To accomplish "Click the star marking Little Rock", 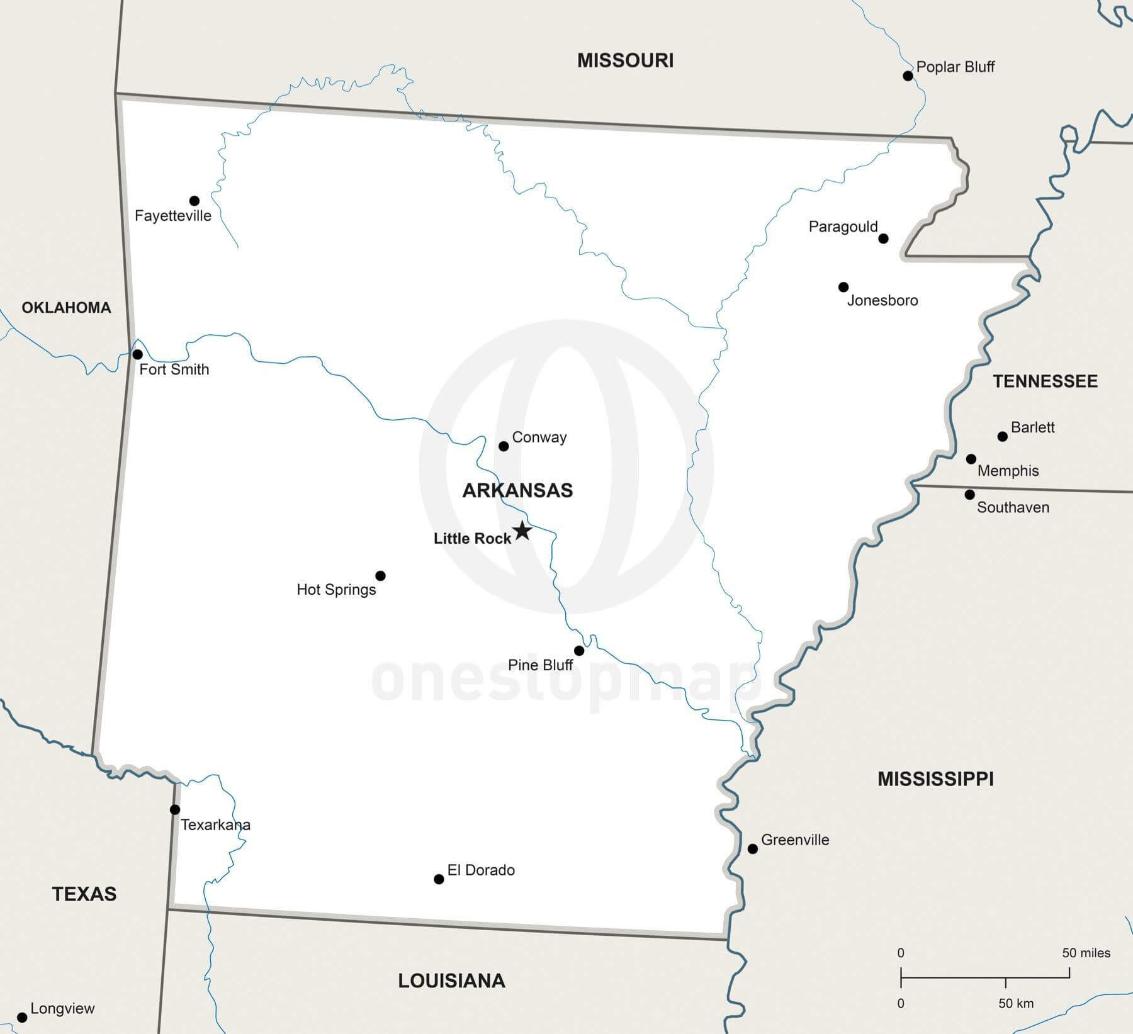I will tap(522, 531).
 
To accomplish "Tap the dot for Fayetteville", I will tap(194, 201).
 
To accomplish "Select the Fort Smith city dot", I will tap(137, 354).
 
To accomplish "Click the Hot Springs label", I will tap(336, 590).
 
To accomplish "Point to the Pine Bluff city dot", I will tap(579, 651).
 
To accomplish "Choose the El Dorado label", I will tap(481, 870).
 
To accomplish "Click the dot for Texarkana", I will tap(175, 809).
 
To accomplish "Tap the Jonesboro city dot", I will tap(843, 287).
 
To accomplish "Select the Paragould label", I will tap(843, 227).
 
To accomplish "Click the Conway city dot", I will tap(504, 446).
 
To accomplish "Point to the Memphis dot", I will tap(971, 459).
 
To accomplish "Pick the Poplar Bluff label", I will tap(955, 67).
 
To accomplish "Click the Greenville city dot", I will tap(752, 849).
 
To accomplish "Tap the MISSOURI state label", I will tap(625, 60).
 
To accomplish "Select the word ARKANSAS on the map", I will tap(517, 490).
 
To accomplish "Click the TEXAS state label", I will tap(84, 894).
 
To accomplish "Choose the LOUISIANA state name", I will tap(451, 981).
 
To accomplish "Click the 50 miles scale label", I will tap(1086, 953).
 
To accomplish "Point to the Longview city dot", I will tap(22, 1018).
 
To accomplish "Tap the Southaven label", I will tap(1013, 507).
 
